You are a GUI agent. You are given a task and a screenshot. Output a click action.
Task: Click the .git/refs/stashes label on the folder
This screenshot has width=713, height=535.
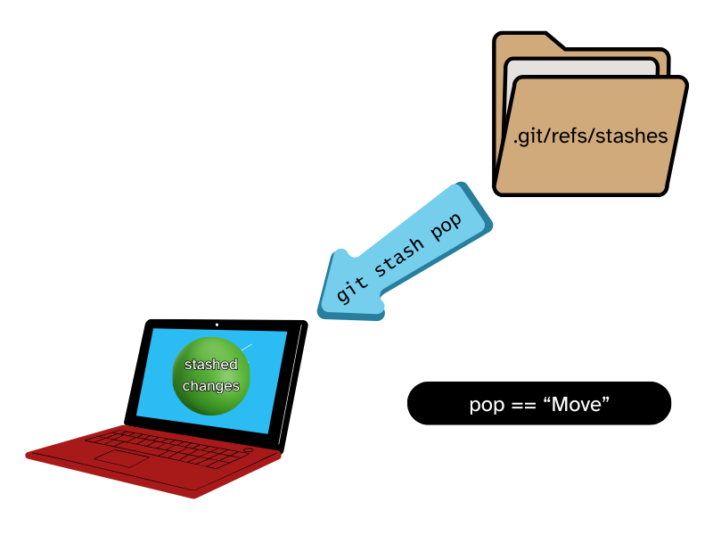(x=590, y=136)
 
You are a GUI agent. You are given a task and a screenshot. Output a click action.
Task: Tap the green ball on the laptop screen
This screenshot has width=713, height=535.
(x=211, y=375)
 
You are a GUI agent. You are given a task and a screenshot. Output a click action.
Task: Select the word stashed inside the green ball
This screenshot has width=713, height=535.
(x=211, y=365)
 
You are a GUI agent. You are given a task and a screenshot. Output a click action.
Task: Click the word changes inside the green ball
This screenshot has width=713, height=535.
(x=211, y=386)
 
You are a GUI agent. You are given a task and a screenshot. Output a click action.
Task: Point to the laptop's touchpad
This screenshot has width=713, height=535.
(x=121, y=458)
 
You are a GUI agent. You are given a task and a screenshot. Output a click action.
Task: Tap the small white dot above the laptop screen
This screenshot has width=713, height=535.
(x=217, y=325)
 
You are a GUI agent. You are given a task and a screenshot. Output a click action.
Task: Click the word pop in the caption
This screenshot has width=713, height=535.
(x=488, y=405)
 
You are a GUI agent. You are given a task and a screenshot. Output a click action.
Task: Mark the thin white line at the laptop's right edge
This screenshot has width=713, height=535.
(x=291, y=383)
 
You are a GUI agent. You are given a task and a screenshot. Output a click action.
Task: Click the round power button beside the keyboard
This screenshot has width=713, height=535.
(x=248, y=451)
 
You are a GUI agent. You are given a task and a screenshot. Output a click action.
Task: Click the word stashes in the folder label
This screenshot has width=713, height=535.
(x=631, y=136)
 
